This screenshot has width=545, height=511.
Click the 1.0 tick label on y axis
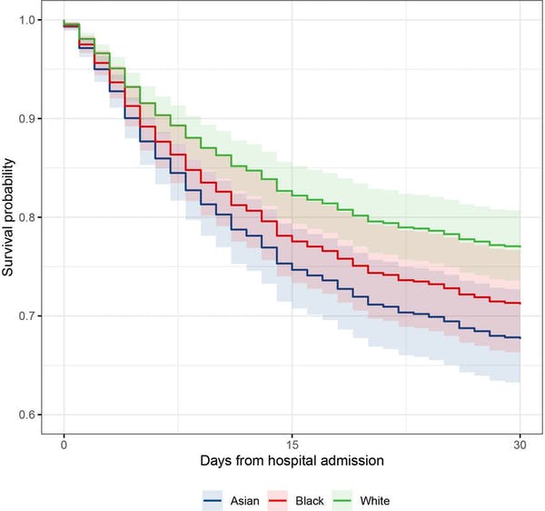pos(30,20)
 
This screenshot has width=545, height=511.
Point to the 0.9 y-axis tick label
pos(30,119)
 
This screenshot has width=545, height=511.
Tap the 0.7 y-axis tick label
pos(30,316)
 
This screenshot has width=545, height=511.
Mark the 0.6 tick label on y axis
pos(30,416)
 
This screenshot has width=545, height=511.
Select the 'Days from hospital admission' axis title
pos(290,462)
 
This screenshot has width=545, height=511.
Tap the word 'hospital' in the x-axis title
pos(288,462)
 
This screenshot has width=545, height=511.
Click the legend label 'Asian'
pos(242,498)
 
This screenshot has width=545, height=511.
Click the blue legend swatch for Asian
pos(214,498)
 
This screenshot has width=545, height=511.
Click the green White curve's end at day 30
pos(518,246)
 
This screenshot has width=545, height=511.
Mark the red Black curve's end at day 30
pos(518,303)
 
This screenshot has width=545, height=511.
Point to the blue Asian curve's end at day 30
pos(518,337)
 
